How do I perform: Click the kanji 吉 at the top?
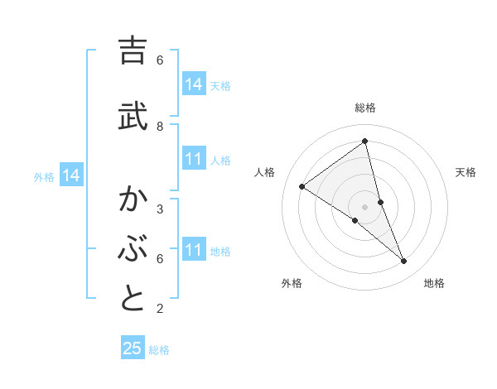pyautogui.click(x=133, y=51)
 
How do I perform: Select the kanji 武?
pyautogui.click(x=133, y=115)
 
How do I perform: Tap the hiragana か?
pyautogui.click(x=133, y=199)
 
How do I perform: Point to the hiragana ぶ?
pyautogui.click(x=133, y=248)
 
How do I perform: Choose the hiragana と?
pyautogui.click(x=133, y=298)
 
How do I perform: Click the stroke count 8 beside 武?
pyautogui.click(x=160, y=126)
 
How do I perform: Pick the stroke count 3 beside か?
pyautogui.click(x=160, y=209)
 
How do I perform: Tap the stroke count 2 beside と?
pyautogui.click(x=160, y=309)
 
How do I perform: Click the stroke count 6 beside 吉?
pyautogui.click(x=160, y=60)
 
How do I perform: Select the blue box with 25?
pyautogui.click(x=133, y=348)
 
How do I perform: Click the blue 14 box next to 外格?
pyautogui.click(x=70, y=175)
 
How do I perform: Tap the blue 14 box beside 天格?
pyautogui.click(x=194, y=84)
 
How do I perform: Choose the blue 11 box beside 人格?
pyautogui.click(x=194, y=159)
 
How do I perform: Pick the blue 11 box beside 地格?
pyautogui.click(x=194, y=250)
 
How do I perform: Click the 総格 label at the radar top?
pyautogui.click(x=365, y=108)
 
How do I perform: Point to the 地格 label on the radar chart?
pyautogui.click(x=434, y=283)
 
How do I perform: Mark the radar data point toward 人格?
pyautogui.click(x=302, y=187)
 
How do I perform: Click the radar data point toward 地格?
pyautogui.click(x=404, y=262)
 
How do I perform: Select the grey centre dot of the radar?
pyautogui.click(x=365, y=207)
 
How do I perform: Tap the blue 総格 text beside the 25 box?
pyautogui.click(x=159, y=350)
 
